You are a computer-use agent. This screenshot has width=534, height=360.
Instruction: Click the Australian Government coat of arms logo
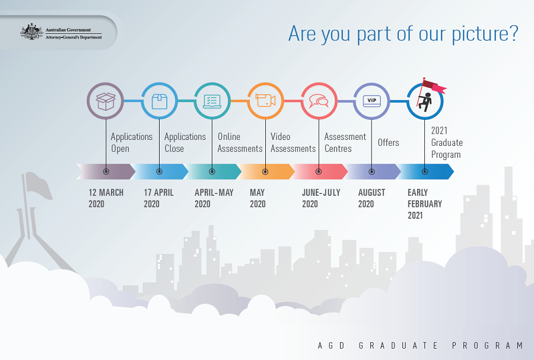tap(31, 32)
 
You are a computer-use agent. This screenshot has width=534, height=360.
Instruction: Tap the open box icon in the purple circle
tap(106, 101)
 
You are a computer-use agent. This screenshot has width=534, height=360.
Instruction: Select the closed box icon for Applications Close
tap(160, 101)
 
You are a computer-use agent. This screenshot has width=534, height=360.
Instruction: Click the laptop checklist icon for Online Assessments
tap(212, 101)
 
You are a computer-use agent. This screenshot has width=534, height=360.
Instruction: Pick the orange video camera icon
tap(265, 100)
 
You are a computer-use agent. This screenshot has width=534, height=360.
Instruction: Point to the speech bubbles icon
tap(319, 101)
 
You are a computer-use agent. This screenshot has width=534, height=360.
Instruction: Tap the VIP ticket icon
tap(371, 101)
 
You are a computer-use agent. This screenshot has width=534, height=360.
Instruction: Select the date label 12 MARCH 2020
tap(106, 198)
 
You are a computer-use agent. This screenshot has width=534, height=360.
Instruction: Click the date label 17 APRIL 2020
tap(158, 198)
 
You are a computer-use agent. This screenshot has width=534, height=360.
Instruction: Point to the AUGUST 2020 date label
tap(371, 198)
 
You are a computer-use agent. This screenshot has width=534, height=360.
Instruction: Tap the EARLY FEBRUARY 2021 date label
tap(425, 204)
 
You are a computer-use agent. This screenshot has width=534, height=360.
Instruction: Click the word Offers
tap(388, 142)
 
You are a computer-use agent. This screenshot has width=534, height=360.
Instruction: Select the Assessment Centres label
tap(345, 142)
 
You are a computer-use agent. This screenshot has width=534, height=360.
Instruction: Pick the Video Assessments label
tap(293, 142)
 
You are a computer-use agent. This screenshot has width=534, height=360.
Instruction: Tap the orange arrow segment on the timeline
tap(266, 171)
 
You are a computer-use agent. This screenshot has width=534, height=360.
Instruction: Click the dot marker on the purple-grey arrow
tap(106, 171)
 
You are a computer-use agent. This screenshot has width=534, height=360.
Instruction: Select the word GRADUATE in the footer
tap(398, 346)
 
